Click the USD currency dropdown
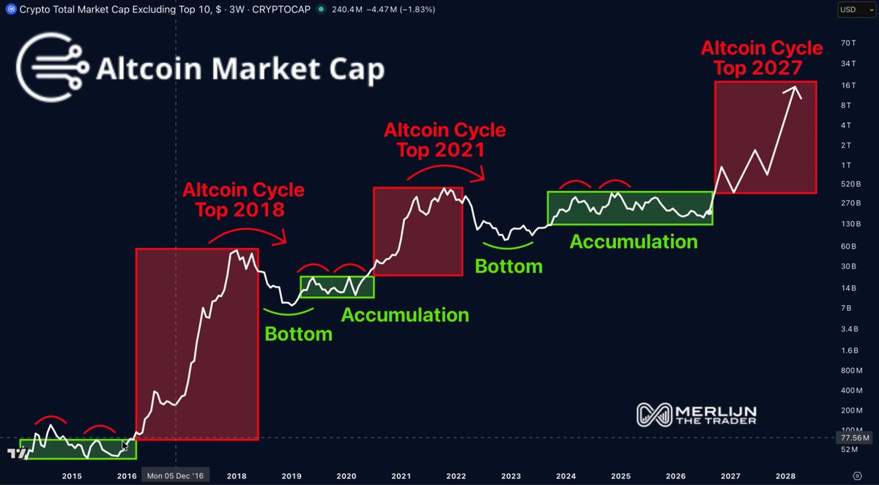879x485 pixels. click(x=856, y=10)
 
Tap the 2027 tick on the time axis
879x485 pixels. click(x=730, y=476)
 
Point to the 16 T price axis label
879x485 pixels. click(x=848, y=86)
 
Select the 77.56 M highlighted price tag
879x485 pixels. click(x=855, y=437)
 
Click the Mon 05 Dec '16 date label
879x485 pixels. click(x=175, y=476)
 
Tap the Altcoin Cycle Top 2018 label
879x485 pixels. click(x=243, y=200)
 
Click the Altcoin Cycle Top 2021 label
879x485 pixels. click(x=445, y=140)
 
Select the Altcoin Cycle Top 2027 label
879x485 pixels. click(x=762, y=58)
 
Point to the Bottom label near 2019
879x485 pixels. click(x=298, y=334)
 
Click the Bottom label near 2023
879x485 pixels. click(x=508, y=266)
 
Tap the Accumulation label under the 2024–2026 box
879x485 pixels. click(x=634, y=241)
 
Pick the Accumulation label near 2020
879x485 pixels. click(x=405, y=315)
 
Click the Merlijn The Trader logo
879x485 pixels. click(x=696, y=415)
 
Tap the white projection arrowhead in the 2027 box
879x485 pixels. click(x=794, y=91)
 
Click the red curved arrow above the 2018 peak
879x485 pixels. click(x=248, y=236)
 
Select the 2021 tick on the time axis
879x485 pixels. click(x=401, y=476)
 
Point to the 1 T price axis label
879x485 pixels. click(x=846, y=165)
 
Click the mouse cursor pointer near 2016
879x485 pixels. click(x=125, y=445)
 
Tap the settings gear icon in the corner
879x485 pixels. click(x=858, y=476)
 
